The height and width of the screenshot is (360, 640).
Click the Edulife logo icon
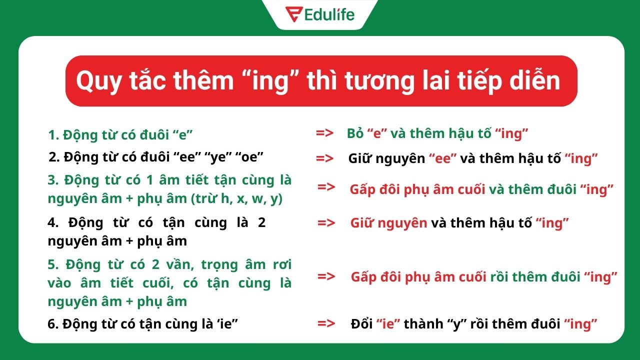(292, 14)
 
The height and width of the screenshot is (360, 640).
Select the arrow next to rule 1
(325, 133)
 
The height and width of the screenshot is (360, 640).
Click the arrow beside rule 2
(325, 158)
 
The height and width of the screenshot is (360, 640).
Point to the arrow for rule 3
(326, 187)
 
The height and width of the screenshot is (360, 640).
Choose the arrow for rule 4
(326, 223)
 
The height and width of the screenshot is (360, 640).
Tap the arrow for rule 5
(326, 276)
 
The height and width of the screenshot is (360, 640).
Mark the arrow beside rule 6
(326, 323)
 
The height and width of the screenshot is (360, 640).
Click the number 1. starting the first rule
(53, 134)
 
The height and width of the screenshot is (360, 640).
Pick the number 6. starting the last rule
(52, 324)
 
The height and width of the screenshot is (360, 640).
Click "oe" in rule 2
(250, 157)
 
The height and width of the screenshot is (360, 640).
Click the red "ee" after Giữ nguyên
(442, 159)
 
